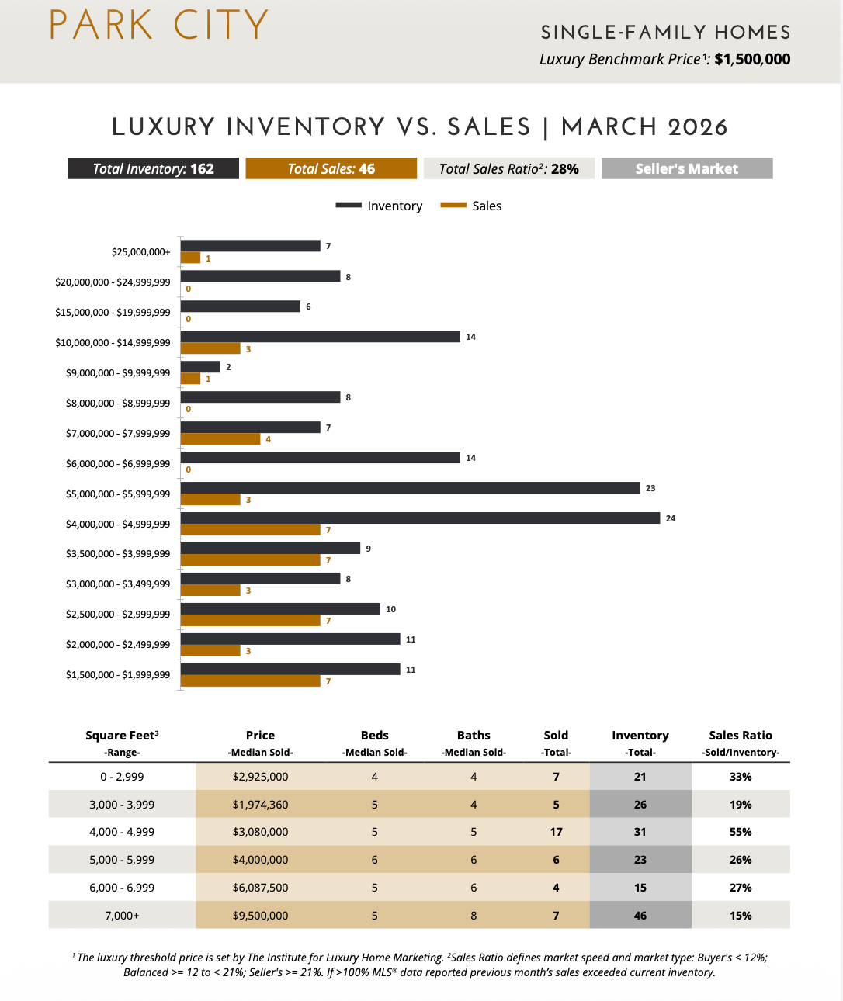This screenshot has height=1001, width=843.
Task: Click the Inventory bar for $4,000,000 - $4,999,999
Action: (x=420, y=518)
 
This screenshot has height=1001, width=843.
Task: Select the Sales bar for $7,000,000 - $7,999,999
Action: (x=220, y=439)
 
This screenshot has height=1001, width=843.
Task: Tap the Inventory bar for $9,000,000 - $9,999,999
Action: (x=200, y=367)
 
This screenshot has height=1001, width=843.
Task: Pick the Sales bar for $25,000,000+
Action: (x=190, y=258)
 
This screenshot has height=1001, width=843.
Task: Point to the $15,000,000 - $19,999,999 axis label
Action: (x=113, y=313)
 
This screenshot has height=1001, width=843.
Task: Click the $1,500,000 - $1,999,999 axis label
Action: (x=118, y=675)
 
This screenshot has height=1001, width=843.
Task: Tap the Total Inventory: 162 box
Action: (x=153, y=168)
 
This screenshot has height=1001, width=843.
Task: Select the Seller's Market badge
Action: (x=686, y=168)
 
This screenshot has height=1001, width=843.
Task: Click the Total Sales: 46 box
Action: (x=331, y=168)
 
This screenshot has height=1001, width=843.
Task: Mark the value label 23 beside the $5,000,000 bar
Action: (x=650, y=488)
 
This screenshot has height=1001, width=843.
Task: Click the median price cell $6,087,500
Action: (x=260, y=888)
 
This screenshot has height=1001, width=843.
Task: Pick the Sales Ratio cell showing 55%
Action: (x=741, y=832)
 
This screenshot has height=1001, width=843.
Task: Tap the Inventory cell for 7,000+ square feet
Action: (x=640, y=916)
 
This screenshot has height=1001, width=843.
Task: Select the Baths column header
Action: (x=474, y=736)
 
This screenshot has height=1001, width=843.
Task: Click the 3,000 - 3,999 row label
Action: (x=122, y=805)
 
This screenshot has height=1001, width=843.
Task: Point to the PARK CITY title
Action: (x=159, y=26)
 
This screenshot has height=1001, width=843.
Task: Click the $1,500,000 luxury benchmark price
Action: (x=752, y=60)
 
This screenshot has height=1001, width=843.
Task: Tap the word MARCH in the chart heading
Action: (x=610, y=127)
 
